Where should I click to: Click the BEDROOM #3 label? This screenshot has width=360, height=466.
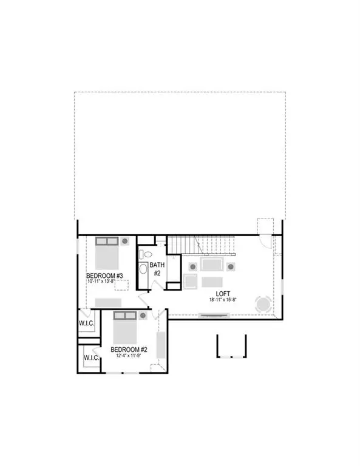(x=104, y=276)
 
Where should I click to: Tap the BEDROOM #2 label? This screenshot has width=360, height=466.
(x=129, y=349)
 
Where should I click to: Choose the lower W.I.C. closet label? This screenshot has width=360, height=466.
(x=91, y=358)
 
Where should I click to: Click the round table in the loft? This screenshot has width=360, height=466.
(x=263, y=303)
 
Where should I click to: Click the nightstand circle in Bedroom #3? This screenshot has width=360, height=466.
(x=124, y=241)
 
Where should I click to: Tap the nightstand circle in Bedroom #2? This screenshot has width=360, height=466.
(x=143, y=316)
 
